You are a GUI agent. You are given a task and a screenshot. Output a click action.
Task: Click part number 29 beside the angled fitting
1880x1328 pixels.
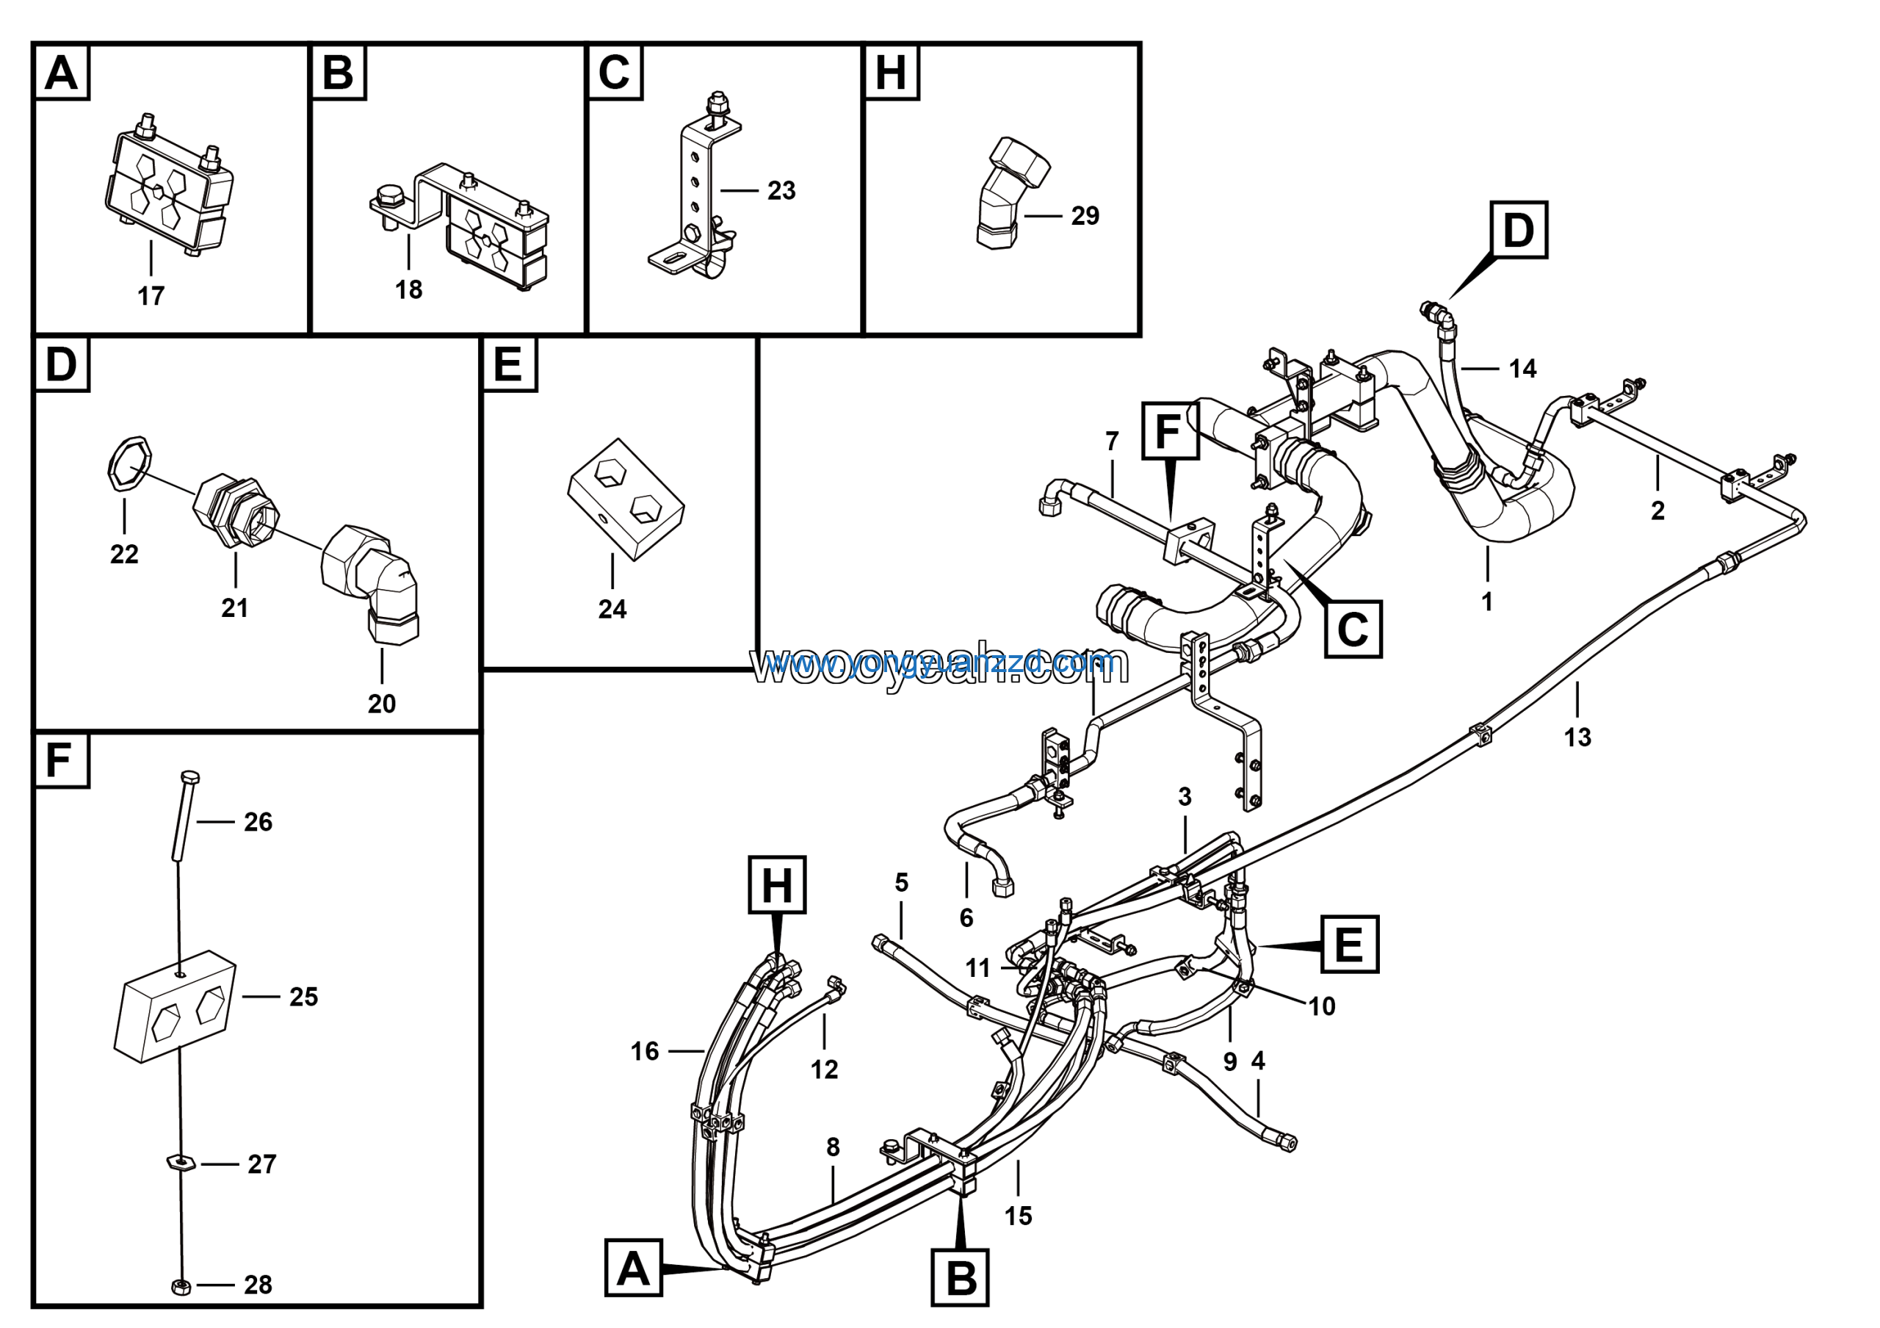pyautogui.click(x=1085, y=216)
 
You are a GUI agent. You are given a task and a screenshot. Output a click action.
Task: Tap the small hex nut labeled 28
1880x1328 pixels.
pyautogui.click(x=181, y=1286)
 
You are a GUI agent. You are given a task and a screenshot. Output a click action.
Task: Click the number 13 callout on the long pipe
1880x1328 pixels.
pyautogui.click(x=1577, y=737)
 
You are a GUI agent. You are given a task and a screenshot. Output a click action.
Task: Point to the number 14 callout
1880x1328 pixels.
pyautogui.click(x=1522, y=369)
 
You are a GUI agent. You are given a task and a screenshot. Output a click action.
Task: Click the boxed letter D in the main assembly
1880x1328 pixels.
pyautogui.click(x=1518, y=230)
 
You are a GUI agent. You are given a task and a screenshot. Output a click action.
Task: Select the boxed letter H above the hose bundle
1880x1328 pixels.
pyautogui.click(x=776, y=885)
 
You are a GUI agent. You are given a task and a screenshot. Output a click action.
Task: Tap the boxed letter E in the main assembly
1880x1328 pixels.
pyautogui.click(x=1348, y=944)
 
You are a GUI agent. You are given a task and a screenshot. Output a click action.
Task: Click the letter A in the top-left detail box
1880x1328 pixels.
pyautogui.click(x=62, y=73)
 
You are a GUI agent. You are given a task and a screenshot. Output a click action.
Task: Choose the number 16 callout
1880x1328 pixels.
pyautogui.click(x=644, y=1051)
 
